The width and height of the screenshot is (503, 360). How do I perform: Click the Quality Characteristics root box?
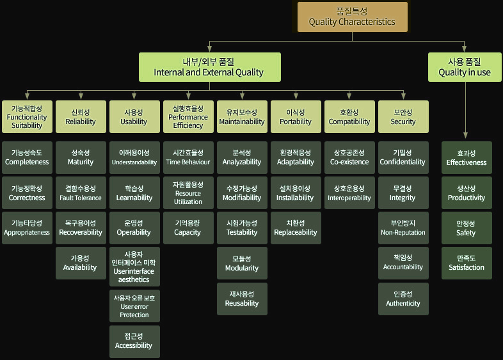(x=352, y=17)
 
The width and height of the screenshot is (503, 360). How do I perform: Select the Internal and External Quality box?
(x=209, y=67)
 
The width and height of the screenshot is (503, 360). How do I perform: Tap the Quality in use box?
(x=465, y=67)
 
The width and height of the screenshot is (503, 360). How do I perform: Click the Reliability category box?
(x=81, y=116)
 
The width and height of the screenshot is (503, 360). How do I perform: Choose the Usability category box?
(x=134, y=116)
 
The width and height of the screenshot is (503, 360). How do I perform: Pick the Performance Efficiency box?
(x=188, y=116)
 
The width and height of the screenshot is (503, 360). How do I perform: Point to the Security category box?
(x=403, y=116)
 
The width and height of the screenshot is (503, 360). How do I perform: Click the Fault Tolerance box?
(x=81, y=193)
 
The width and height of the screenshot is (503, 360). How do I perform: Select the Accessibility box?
(x=134, y=341)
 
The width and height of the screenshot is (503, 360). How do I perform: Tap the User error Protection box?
(x=134, y=306)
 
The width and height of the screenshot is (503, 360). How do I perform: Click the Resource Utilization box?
(x=188, y=193)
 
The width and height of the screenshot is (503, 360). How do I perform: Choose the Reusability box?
(x=242, y=299)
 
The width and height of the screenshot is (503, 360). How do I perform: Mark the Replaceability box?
(x=296, y=228)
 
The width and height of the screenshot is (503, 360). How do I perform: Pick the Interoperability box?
(x=349, y=193)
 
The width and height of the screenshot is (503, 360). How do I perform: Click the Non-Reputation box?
(x=403, y=228)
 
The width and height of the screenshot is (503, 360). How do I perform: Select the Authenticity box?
(x=403, y=299)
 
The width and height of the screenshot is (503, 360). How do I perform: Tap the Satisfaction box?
(x=467, y=263)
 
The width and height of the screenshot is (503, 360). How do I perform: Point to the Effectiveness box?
(x=467, y=158)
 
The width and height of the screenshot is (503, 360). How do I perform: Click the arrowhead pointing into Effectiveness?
(x=465, y=135)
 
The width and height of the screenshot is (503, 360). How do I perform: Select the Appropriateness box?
(x=27, y=228)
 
